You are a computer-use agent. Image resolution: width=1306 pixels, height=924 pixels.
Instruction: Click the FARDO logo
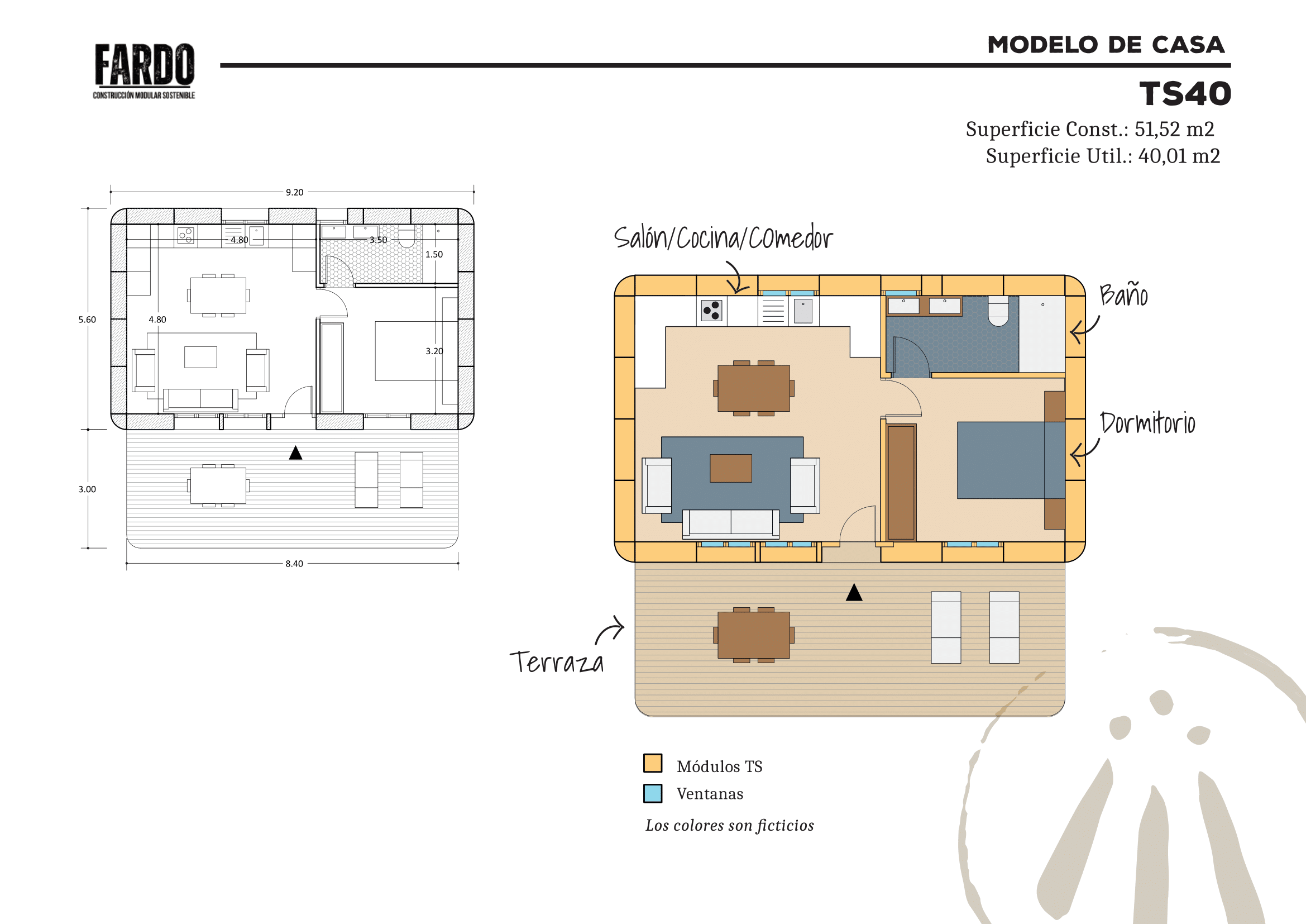click(x=144, y=71)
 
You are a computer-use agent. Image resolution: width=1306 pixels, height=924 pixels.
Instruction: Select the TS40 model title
click(x=1185, y=94)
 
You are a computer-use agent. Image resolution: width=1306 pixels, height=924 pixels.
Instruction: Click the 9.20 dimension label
click(x=295, y=192)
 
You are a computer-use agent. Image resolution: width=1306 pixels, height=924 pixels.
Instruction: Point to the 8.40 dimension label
click(x=294, y=563)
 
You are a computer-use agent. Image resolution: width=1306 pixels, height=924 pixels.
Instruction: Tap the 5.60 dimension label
click(x=87, y=320)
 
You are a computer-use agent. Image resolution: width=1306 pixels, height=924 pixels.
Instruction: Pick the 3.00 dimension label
click(x=87, y=489)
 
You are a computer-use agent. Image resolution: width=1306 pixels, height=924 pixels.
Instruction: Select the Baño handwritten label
click(x=1123, y=294)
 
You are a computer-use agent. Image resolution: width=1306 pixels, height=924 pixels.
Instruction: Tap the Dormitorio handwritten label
click(x=1147, y=423)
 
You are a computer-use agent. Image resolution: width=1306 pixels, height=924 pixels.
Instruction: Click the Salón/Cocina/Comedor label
click(x=723, y=237)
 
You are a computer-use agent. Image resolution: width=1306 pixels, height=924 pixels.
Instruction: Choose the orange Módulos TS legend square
click(x=652, y=763)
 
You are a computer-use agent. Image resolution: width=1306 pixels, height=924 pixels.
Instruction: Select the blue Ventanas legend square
click(x=652, y=793)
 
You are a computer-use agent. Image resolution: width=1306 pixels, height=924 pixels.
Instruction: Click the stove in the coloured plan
click(x=711, y=311)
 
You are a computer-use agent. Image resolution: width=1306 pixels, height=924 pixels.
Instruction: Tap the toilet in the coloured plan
click(x=998, y=311)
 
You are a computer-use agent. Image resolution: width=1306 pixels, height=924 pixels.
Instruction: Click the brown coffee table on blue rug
click(x=731, y=468)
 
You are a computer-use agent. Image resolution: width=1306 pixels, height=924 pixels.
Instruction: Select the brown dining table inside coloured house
click(x=754, y=388)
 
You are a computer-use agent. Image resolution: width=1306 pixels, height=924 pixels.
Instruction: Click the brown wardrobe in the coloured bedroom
click(x=901, y=482)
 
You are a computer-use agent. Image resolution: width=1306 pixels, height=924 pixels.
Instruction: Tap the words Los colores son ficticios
click(x=729, y=825)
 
